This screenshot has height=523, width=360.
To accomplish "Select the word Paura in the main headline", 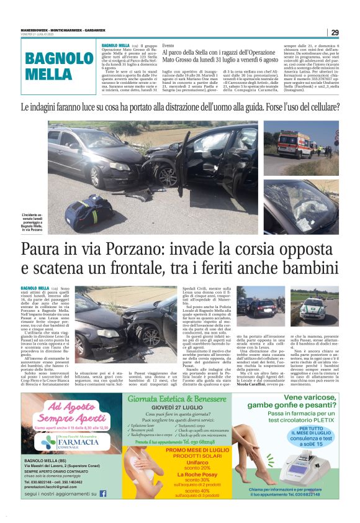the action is coord(48,251).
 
